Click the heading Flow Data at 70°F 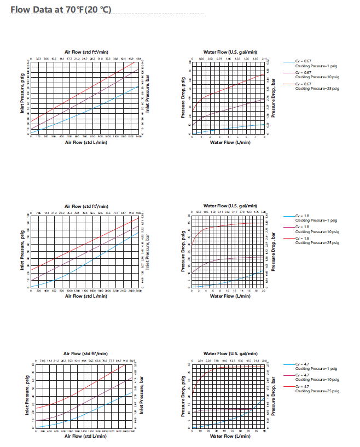[x=61, y=9]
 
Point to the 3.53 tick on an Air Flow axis [x=38, y=58]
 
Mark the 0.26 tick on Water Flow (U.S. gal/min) [x=201, y=58]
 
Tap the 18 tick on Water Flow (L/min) [x=257, y=291]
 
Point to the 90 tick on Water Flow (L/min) [x=264, y=431]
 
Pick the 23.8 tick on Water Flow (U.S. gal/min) [x=264, y=361]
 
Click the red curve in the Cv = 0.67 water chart [x=230, y=88]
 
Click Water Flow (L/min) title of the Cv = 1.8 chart [x=228, y=296]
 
